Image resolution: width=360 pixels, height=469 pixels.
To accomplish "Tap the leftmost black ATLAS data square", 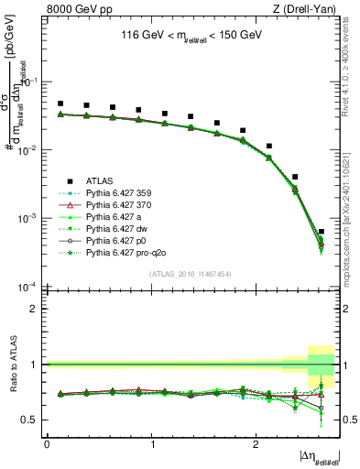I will pyautogui.click(x=60, y=104).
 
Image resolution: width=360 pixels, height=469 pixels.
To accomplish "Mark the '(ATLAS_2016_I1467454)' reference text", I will pyautogui.click(x=190, y=273).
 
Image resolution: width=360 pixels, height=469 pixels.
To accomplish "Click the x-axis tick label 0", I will pyautogui.click(x=47, y=443).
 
